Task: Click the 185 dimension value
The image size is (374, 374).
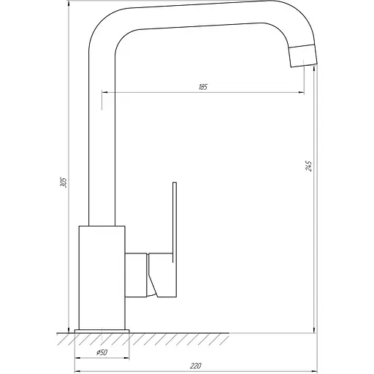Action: (x=203, y=87)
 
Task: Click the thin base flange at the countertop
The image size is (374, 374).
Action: (x=102, y=329)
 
